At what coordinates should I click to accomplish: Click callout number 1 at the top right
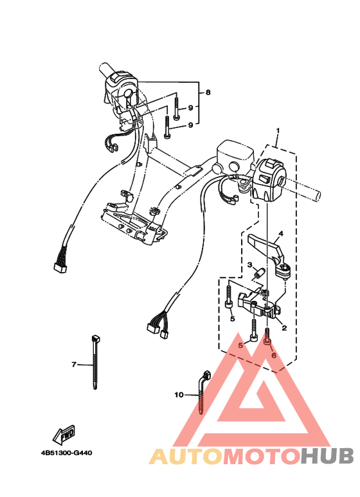pos(278,131)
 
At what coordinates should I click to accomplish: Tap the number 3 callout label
pos(249,265)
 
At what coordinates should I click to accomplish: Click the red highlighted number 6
pos(273,354)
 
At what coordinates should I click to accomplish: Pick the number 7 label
pos(74,365)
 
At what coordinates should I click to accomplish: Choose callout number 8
pos(208,93)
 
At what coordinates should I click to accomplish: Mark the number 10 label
pos(179,394)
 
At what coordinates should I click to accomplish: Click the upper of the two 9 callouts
pos(191,107)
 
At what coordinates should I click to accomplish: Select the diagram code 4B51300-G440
pos(66,453)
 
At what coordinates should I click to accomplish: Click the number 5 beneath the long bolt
pos(231,318)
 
